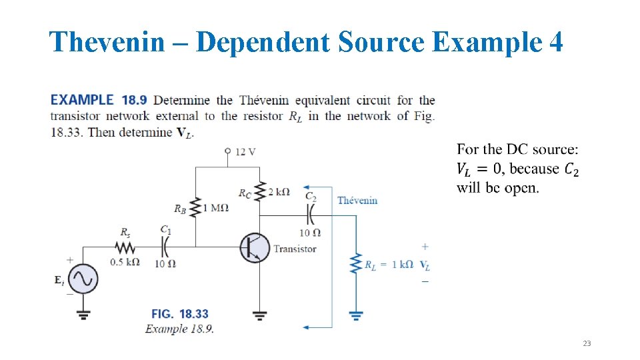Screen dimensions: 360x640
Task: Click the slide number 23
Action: click(x=587, y=343)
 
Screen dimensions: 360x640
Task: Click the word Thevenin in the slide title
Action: click(x=107, y=43)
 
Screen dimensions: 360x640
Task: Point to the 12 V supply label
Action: click(x=245, y=152)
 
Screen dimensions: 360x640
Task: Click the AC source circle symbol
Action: click(x=85, y=279)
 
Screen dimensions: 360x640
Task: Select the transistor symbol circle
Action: click(x=255, y=248)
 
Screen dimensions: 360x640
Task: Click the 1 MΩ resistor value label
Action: click(x=216, y=208)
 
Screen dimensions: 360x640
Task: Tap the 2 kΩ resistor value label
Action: click(x=279, y=192)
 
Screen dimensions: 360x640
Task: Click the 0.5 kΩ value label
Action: click(x=125, y=262)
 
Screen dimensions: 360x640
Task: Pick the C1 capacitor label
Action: click(x=165, y=229)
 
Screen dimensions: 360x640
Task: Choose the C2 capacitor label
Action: click(x=311, y=196)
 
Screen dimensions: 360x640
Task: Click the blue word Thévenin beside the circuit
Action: click(x=357, y=200)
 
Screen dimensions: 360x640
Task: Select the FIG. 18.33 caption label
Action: click(x=179, y=314)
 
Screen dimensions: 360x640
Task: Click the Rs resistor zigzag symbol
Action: click(x=125, y=247)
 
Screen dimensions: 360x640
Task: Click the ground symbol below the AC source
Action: click(x=85, y=313)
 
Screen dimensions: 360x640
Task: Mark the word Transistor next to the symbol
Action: click(x=295, y=249)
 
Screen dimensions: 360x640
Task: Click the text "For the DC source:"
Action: click(x=518, y=149)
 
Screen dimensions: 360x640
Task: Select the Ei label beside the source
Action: click(x=60, y=281)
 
